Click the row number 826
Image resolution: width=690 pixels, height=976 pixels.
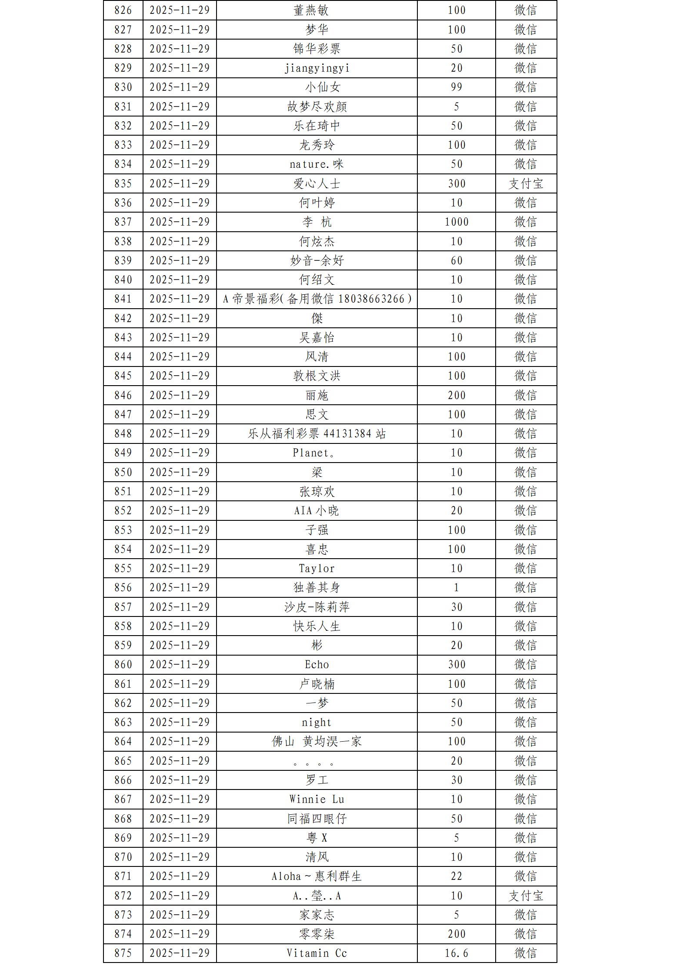coord(123,10)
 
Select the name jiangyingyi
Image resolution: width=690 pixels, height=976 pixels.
coord(317,68)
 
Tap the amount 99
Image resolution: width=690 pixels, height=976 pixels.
coord(456,87)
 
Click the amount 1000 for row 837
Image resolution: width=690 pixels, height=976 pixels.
coord(456,222)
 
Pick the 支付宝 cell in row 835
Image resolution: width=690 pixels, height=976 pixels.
coord(526,184)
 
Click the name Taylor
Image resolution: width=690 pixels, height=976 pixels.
coord(317,569)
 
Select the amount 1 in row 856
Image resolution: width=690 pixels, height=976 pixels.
coord(456,588)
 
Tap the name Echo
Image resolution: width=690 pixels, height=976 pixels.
coord(317,665)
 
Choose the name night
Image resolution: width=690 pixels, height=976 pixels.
coord(317,723)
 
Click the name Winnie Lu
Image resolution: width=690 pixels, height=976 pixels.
coord(317,799)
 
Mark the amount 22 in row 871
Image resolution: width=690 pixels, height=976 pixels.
coord(456,876)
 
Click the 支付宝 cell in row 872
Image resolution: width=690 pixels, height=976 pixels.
coord(526,896)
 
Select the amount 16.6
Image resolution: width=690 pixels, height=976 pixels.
coord(456,953)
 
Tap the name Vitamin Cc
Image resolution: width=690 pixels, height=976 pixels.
coord(317,953)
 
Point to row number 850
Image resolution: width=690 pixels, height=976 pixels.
coord(123,473)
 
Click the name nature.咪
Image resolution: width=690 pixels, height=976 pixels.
coord(317,164)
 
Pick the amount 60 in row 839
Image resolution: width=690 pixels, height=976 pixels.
coord(456,261)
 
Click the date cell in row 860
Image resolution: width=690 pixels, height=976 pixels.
coord(180,665)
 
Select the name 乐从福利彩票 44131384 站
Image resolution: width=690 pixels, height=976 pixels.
coord(317,434)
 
